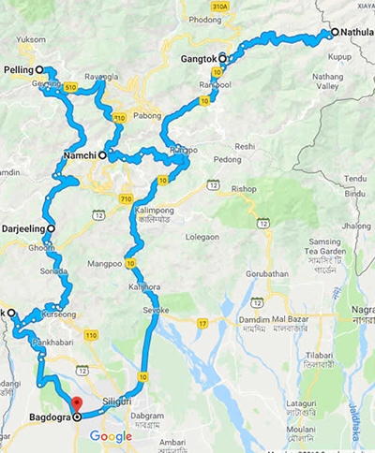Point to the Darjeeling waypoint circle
[51, 227]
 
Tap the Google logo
[111, 436]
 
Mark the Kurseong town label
[59, 316]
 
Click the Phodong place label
[204, 20]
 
